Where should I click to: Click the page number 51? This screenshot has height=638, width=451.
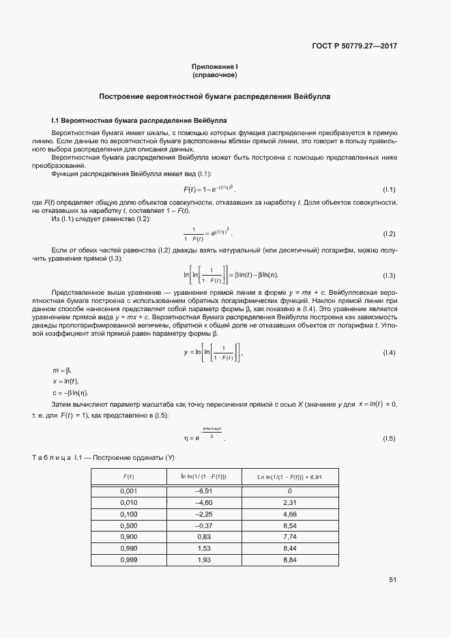(x=392, y=580)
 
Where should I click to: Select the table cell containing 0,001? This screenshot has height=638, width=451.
(x=128, y=491)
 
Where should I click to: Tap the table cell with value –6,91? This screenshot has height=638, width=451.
(x=203, y=491)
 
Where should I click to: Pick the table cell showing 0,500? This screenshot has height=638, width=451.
(x=128, y=527)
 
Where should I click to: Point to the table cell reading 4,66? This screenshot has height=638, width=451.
(x=289, y=514)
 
